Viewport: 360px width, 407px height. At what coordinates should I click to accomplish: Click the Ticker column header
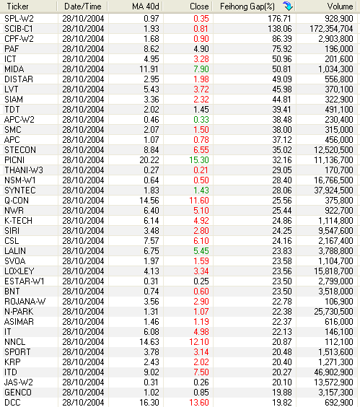17,6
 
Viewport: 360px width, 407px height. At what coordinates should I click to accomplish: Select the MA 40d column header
145,6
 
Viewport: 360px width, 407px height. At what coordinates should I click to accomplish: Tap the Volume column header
340,6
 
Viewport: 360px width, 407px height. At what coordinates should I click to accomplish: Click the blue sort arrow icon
288,6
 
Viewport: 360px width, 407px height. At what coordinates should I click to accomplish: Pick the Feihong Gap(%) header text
247,6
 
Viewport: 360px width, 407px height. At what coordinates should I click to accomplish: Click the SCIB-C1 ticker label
19,29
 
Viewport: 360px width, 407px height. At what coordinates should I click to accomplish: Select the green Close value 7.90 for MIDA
201,69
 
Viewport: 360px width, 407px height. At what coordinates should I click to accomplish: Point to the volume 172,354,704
331,29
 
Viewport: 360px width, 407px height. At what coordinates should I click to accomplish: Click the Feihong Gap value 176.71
280,19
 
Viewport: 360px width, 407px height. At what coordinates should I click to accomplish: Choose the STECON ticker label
20,150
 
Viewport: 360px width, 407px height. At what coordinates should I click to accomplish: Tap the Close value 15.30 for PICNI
199,160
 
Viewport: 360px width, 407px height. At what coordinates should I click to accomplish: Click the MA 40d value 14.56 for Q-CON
149,201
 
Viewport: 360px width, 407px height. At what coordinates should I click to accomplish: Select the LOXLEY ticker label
19,271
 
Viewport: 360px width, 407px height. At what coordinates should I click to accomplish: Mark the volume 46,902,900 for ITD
333,372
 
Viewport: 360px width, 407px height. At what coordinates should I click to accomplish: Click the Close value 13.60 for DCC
199,403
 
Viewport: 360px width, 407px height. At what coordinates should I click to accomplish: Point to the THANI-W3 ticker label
24,170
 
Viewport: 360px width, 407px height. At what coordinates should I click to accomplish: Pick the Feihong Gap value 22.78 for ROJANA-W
282,302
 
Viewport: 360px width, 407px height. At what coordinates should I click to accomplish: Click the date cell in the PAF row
83,49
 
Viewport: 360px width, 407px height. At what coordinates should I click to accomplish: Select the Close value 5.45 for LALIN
201,250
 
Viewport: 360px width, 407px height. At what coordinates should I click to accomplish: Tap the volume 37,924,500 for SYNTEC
333,191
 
